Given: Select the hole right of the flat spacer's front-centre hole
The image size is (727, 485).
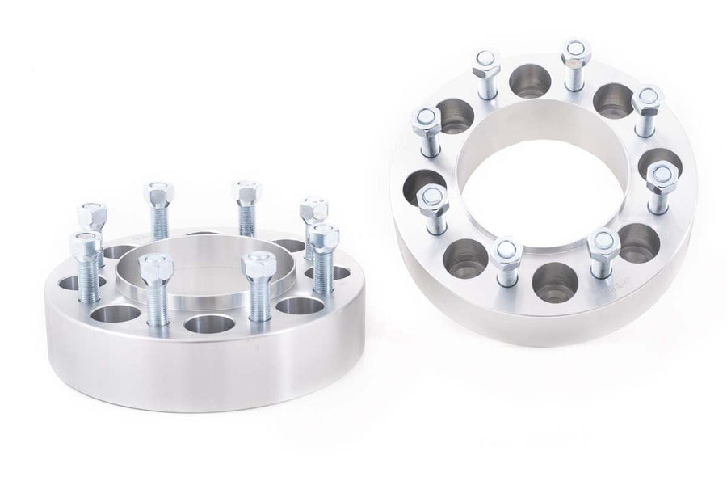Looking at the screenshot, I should [298, 306].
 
